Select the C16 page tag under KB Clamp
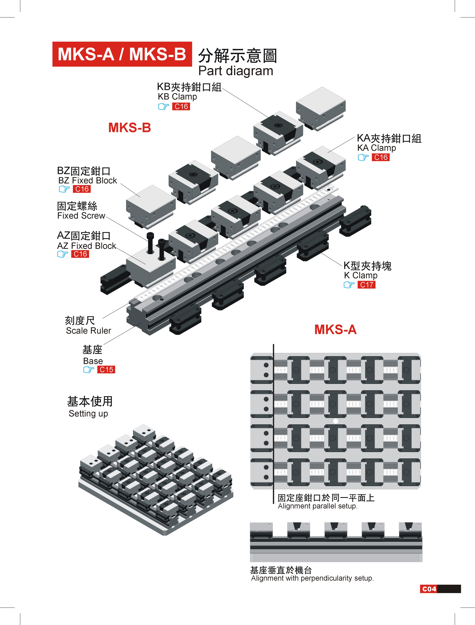[x=181, y=107]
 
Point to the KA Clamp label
[x=376, y=148]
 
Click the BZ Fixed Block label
[x=87, y=180]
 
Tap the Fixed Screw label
[x=81, y=216]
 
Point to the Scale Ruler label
[x=89, y=331]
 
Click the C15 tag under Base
[x=106, y=370]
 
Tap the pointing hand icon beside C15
[x=89, y=370]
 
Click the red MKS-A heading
[x=335, y=330]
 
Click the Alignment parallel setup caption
[x=317, y=506]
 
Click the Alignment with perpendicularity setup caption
[x=312, y=578]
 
